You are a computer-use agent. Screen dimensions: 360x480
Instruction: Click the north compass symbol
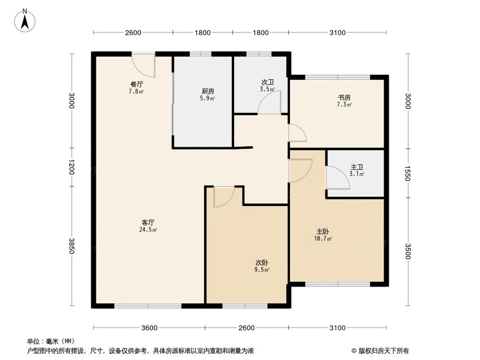(25, 20)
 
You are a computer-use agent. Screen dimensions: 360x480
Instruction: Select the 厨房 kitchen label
(208, 91)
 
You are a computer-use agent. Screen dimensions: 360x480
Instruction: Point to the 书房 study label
(344, 97)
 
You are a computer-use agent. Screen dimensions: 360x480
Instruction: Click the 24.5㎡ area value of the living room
(148, 229)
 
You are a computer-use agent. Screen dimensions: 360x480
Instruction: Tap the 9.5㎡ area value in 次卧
(261, 270)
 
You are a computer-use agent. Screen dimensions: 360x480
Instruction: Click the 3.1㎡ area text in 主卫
(357, 174)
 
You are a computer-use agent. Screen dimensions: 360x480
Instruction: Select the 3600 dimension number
(149, 328)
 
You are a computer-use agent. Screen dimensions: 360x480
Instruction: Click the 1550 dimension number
(408, 173)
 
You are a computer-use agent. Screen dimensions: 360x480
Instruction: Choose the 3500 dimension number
(408, 251)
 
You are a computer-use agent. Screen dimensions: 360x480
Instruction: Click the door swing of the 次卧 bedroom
(224, 196)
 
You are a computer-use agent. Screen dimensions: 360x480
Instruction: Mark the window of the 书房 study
(337, 77)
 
